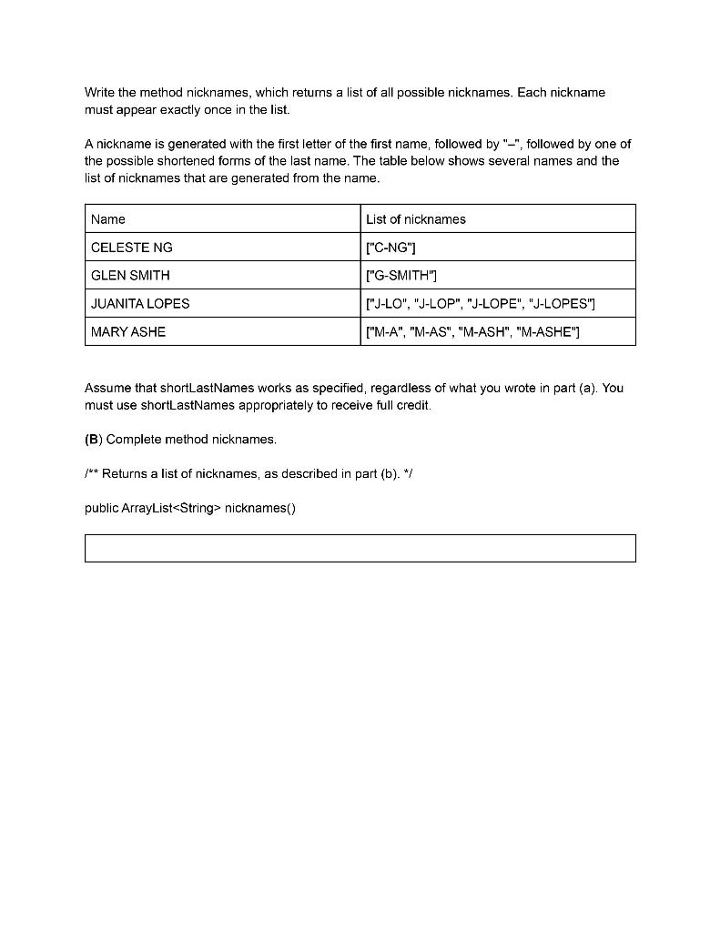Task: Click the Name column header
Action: click(x=108, y=219)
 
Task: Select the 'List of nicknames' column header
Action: click(x=415, y=219)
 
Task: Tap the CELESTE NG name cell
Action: click(x=131, y=248)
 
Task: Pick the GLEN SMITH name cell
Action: click(x=130, y=276)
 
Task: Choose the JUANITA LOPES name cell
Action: click(x=140, y=304)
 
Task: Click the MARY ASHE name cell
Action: click(x=128, y=332)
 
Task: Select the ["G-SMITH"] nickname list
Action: click(x=401, y=276)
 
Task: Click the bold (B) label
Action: click(x=93, y=440)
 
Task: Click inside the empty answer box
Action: click(x=360, y=548)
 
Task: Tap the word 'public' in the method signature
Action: click(x=102, y=509)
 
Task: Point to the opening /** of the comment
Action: click(x=91, y=474)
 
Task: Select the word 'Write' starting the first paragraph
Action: click(x=99, y=93)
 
